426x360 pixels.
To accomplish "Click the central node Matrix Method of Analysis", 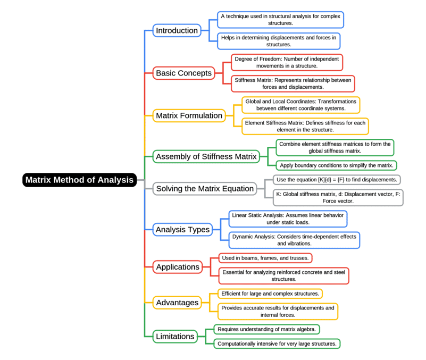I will [x=79, y=180].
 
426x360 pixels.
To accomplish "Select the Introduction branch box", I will [x=177, y=30].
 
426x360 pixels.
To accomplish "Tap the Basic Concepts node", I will [x=183, y=73].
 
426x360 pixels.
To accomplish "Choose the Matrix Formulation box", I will [x=189, y=115].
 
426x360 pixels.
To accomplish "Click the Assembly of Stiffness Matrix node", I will [x=206, y=156].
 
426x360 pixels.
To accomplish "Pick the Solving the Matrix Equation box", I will [x=205, y=188].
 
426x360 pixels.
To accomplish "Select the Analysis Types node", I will [x=182, y=230].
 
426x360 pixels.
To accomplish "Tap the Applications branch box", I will [x=178, y=267].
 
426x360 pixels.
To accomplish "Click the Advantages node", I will [x=177, y=303].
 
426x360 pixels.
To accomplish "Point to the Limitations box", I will [x=175, y=336].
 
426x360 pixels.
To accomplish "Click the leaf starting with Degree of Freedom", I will [x=287, y=62].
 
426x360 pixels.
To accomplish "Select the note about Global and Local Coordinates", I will [x=300, y=104].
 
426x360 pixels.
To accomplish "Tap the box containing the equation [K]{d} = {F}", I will [x=337, y=180].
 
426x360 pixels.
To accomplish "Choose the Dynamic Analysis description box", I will [x=294, y=240].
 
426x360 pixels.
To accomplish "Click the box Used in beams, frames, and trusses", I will [x=265, y=258].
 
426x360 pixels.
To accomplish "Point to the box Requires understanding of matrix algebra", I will [x=266, y=329].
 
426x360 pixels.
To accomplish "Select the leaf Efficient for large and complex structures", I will [x=270, y=294].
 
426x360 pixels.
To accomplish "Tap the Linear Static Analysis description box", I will [x=288, y=219].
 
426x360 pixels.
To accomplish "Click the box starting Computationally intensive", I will [x=277, y=344].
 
